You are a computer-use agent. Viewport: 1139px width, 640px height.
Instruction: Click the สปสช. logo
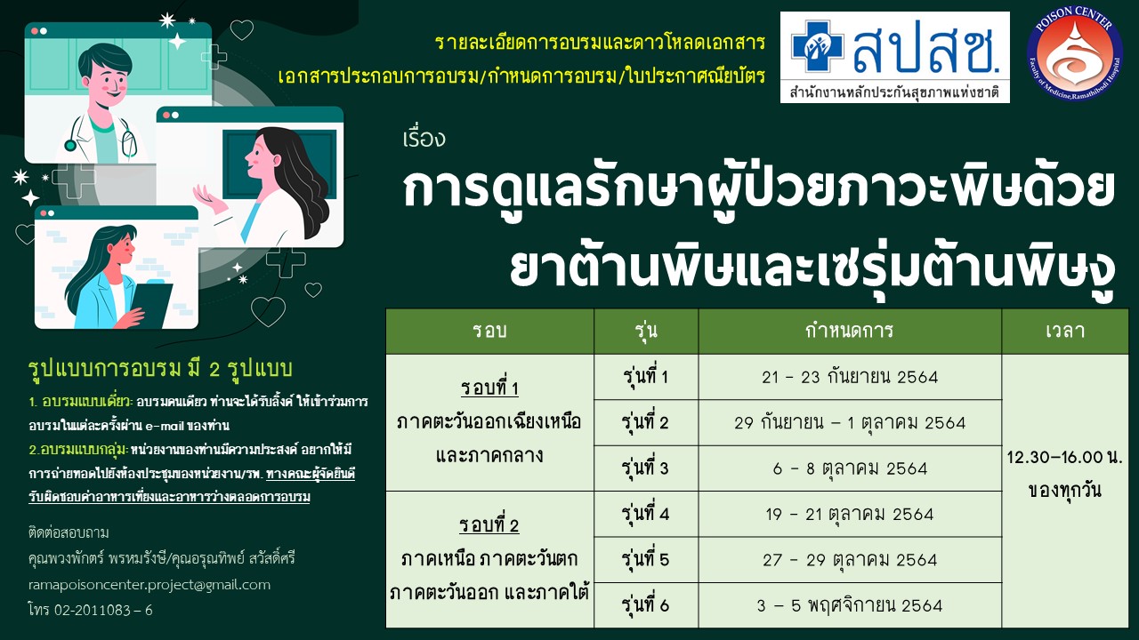point(895,58)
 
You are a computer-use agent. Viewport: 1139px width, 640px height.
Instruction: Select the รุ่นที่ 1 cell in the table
point(646,377)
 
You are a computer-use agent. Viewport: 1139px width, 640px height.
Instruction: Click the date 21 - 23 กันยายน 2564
point(850,377)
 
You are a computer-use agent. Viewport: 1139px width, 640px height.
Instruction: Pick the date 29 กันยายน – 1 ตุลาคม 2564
point(850,422)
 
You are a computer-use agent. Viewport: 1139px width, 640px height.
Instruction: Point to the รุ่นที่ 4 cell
point(646,514)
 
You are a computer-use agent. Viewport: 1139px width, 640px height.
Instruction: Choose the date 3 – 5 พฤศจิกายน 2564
point(850,605)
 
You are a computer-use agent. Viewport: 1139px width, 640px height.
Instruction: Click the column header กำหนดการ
point(850,331)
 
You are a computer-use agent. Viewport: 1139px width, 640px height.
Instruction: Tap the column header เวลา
point(1065,331)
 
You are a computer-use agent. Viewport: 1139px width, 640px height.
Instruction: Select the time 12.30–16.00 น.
point(1065,457)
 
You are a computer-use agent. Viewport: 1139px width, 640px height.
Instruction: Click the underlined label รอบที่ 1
point(489,388)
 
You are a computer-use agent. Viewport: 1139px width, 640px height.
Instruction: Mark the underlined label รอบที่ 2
point(489,525)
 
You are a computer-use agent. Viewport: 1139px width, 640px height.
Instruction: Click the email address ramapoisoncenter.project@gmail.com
point(149,585)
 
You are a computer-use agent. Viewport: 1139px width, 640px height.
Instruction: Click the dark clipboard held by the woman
point(152,304)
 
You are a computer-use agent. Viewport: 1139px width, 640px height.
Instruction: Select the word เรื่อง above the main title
point(424,138)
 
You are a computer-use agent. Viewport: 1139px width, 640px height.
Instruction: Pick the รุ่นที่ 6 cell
point(646,605)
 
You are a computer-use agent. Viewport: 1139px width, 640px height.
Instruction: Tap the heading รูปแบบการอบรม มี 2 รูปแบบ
point(160,369)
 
